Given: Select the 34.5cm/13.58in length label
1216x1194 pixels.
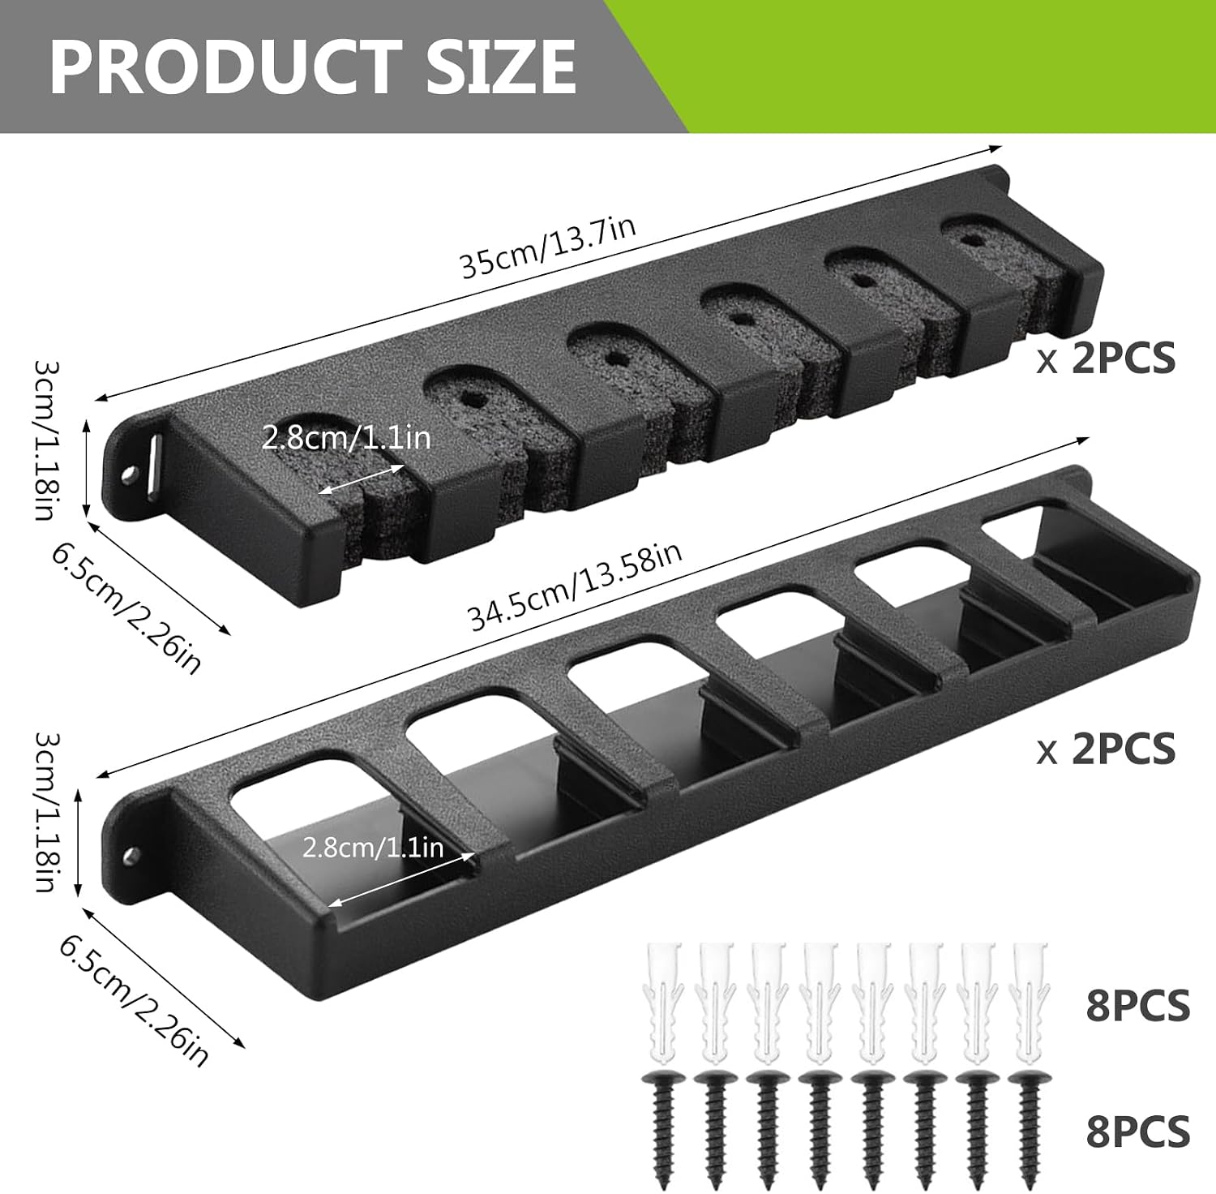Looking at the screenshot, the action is click(x=575, y=586).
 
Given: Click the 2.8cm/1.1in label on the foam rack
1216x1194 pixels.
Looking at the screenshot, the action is click(x=346, y=438).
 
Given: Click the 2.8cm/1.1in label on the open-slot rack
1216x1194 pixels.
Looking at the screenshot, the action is click(x=373, y=848).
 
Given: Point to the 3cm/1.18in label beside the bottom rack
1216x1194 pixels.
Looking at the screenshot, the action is click(x=46, y=812).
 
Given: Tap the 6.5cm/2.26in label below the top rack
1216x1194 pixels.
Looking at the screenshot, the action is click(x=126, y=608).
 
